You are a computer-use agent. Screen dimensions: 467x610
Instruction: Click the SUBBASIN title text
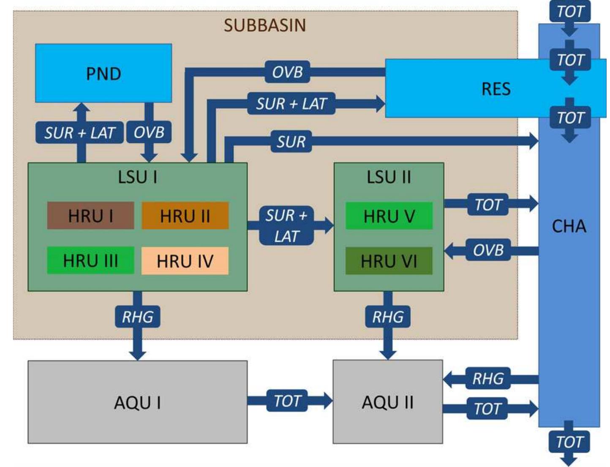coord(265,25)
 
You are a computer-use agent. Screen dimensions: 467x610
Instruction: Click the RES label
coord(496,89)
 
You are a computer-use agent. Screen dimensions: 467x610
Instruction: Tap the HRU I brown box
coord(90,216)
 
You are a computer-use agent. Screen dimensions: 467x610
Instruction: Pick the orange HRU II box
coord(185,216)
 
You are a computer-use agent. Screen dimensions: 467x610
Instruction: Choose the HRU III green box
coord(90,261)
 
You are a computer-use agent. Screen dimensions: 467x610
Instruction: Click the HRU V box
coord(389,216)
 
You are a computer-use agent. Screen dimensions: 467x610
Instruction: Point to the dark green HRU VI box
coord(389,261)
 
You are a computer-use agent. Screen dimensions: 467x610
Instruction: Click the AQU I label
coord(137,402)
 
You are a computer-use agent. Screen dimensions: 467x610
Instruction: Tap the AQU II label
coord(387,402)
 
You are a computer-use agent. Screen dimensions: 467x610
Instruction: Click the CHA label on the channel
coord(569,227)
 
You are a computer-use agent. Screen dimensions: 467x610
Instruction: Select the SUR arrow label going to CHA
coord(291,142)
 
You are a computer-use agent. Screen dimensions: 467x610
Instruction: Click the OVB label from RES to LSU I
coord(287,72)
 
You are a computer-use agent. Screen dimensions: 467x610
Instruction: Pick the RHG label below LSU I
coord(137,317)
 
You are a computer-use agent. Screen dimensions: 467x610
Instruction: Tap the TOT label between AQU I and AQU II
coord(287,401)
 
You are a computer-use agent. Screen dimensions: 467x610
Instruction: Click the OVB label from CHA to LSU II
coord(488,250)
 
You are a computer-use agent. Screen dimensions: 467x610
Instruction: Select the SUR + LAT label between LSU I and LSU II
coord(286,226)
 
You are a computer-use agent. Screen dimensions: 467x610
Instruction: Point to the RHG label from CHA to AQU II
coord(488,378)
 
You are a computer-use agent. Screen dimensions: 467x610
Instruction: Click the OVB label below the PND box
coord(149,132)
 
